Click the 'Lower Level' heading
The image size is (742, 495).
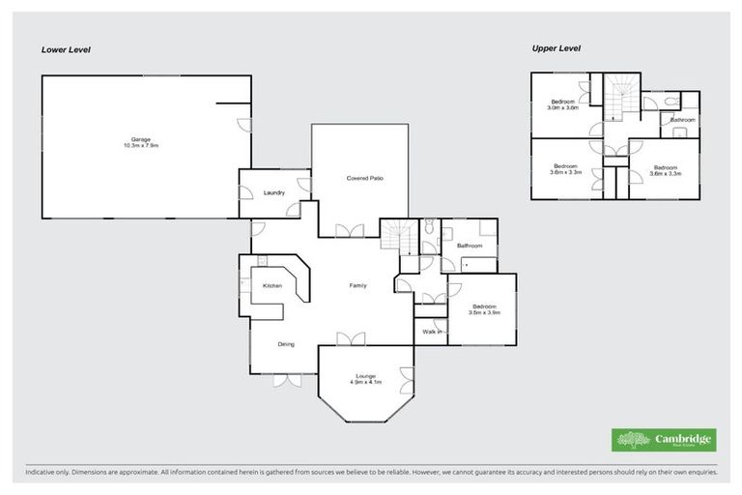[x=65, y=48]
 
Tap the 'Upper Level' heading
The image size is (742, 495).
[x=556, y=47]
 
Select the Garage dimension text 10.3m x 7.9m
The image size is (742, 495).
[x=139, y=145]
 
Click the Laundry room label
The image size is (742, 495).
[x=274, y=193]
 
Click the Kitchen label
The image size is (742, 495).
[x=271, y=285]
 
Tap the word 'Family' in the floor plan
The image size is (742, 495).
[x=358, y=285]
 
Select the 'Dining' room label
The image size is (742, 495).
[x=286, y=344]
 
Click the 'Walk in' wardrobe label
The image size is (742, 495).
[x=432, y=332]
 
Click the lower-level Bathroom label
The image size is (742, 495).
[x=470, y=247]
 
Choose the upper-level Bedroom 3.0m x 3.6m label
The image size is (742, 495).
[x=563, y=104]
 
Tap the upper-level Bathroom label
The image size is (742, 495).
[x=683, y=120]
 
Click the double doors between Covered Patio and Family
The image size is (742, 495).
[x=348, y=230]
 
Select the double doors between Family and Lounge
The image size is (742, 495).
[x=348, y=337]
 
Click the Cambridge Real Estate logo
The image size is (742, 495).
[x=664, y=439]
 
